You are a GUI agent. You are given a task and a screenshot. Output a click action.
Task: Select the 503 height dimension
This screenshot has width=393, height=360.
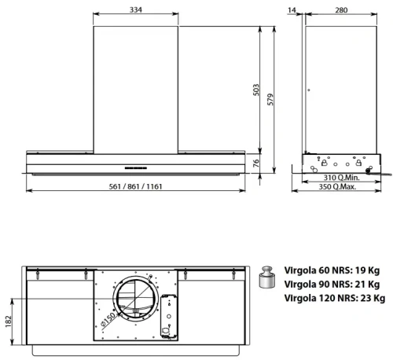255,90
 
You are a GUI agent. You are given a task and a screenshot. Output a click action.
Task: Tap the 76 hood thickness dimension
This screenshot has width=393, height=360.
255,163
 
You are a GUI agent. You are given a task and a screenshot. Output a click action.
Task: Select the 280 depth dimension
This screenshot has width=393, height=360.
340,9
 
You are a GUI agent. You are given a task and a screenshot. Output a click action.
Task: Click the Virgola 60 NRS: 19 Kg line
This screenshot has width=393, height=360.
332,270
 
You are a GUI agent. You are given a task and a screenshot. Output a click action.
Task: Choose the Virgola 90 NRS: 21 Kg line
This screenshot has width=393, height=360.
332,284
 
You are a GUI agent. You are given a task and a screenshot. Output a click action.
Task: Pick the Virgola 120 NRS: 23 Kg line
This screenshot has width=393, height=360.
335,298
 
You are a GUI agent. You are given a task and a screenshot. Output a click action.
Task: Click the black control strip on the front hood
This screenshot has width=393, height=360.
138,166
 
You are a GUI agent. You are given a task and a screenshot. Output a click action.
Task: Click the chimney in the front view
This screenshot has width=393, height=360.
136,86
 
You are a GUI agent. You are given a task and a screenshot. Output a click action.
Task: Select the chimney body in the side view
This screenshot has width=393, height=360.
339,86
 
